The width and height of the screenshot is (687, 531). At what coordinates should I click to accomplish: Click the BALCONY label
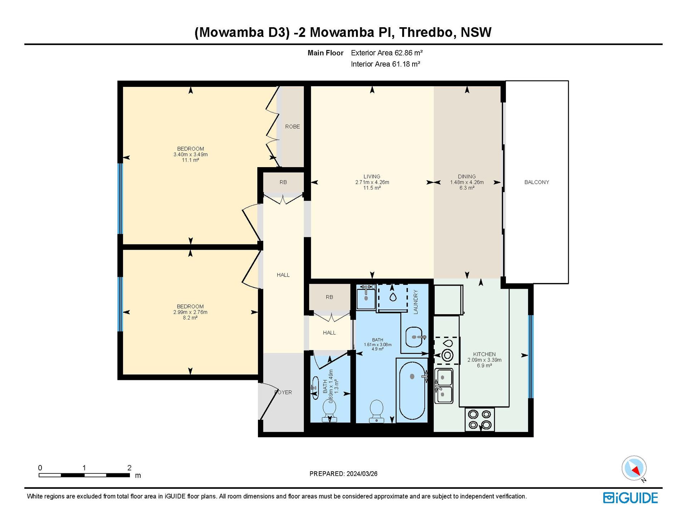pos(536,182)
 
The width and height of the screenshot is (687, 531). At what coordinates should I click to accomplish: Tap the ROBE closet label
pos(292,127)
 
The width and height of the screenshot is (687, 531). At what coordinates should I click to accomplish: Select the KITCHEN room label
pos(484,354)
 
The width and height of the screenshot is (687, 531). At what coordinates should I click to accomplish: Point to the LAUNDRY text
pos(415,302)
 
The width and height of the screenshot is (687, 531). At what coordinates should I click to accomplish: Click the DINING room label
pos(467,176)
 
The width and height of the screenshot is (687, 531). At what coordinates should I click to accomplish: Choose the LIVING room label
pos(372,176)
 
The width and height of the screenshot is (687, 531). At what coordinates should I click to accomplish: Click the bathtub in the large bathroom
pos(412,390)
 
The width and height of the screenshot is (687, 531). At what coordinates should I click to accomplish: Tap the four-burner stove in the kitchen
pos(480,419)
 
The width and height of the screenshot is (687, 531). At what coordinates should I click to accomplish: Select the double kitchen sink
pos(444,386)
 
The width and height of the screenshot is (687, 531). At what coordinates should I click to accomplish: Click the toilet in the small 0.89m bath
pos(329,411)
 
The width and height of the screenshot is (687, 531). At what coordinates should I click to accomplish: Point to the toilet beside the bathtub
pos(376,411)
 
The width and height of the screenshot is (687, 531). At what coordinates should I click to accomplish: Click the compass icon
pos(634,468)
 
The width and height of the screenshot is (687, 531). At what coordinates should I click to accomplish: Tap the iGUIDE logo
pos(630,498)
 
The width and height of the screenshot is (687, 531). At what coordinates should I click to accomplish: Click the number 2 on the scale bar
pos(129,468)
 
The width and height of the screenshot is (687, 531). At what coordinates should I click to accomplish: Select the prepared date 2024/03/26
pos(362,474)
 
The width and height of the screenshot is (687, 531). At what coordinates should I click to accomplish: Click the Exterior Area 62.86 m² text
pos(387,53)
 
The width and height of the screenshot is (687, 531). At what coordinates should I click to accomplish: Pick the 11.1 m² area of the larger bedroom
pos(190,160)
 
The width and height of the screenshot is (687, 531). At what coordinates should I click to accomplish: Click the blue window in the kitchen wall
pos(531,356)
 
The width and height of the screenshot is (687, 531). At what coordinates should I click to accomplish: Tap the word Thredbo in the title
pos(427,32)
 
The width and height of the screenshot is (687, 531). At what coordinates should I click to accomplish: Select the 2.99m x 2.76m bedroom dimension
pos(190,312)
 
